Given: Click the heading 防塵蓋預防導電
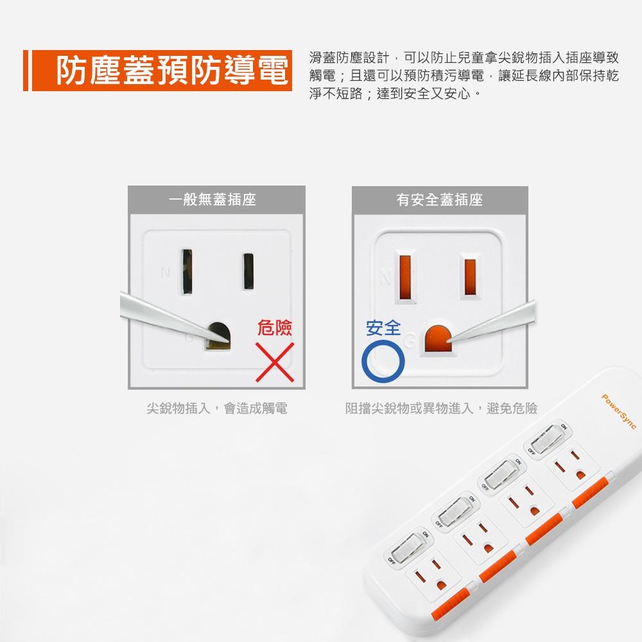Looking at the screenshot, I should click(x=172, y=71).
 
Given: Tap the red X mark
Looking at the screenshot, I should click(x=275, y=361).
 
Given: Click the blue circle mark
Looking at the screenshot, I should click(x=383, y=360).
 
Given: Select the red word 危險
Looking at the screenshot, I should click(x=274, y=329).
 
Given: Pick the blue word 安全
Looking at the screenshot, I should click(x=383, y=329).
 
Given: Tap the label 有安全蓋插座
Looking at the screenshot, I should click(x=439, y=200).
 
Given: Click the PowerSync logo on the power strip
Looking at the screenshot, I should click(x=618, y=412).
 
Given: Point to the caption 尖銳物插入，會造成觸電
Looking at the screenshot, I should click(x=216, y=408).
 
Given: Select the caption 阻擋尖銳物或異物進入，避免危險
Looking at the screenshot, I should click(x=441, y=408).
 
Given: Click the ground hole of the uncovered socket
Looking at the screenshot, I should click(x=218, y=334).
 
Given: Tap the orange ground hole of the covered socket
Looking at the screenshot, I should click(x=437, y=338).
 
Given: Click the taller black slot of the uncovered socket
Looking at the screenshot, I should click(x=187, y=272).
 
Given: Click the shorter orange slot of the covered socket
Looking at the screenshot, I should click(x=469, y=277).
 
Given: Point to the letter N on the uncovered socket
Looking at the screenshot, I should click(x=166, y=273).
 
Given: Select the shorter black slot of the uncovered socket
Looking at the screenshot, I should click(x=248, y=272).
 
